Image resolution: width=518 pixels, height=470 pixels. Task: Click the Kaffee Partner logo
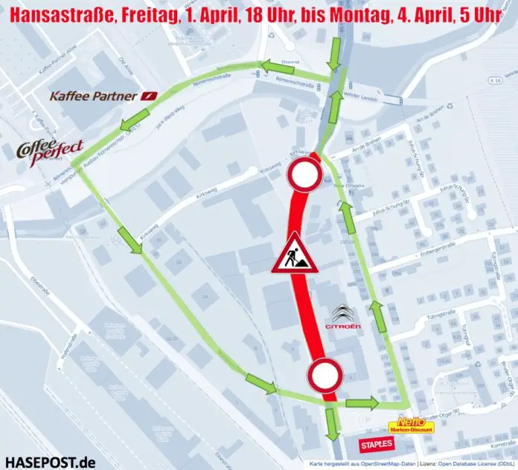[103, 97]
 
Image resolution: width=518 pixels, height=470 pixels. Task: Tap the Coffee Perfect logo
[50, 150]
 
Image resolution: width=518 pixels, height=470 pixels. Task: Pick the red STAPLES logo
[375, 445]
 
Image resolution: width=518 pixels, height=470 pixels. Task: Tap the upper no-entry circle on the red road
[304, 176]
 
